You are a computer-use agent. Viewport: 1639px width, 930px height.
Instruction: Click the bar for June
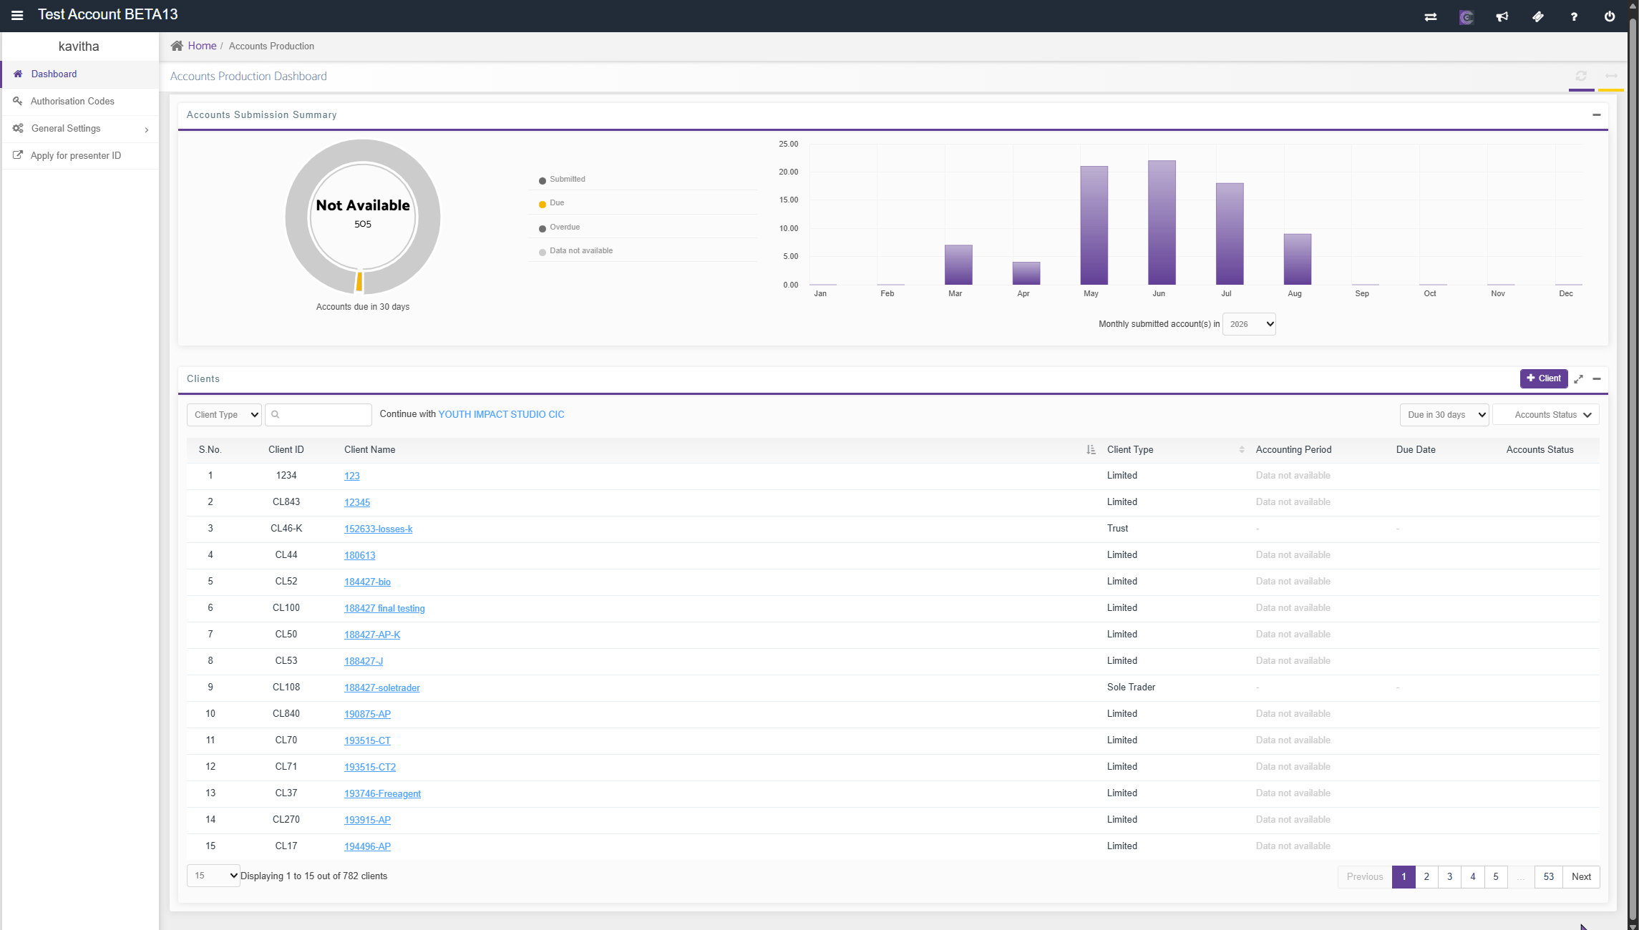point(1162,222)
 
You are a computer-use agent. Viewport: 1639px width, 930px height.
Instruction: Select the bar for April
point(1026,273)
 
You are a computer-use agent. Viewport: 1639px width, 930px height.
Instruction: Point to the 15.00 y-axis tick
point(788,200)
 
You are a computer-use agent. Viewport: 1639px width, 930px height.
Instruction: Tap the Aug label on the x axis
point(1294,293)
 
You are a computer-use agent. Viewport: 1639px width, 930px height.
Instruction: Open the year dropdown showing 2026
point(1249,324)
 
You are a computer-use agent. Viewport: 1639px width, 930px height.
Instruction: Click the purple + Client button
point(1544,378)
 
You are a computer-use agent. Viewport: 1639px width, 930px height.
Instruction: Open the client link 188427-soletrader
point(382,687)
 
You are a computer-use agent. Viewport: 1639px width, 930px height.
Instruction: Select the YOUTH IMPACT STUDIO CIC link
point(501,414)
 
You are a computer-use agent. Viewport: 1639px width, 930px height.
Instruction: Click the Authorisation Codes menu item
point(72,102)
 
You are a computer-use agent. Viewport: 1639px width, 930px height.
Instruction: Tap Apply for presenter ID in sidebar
point(76,156)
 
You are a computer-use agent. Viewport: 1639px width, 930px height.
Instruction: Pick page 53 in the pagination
point(1549,876)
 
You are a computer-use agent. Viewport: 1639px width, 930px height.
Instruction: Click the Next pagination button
point(1581,876)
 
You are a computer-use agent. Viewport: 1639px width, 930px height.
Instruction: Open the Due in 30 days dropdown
point(1444,415)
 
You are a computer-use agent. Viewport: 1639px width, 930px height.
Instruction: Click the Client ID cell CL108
point(286,687)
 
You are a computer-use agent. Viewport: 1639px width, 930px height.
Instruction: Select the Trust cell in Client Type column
point(1117,529)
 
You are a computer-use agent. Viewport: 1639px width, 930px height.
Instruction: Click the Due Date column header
point(1416,450)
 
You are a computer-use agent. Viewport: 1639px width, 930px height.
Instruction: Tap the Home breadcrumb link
point(202,46)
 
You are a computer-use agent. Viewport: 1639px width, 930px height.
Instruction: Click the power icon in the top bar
point(1610,16)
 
